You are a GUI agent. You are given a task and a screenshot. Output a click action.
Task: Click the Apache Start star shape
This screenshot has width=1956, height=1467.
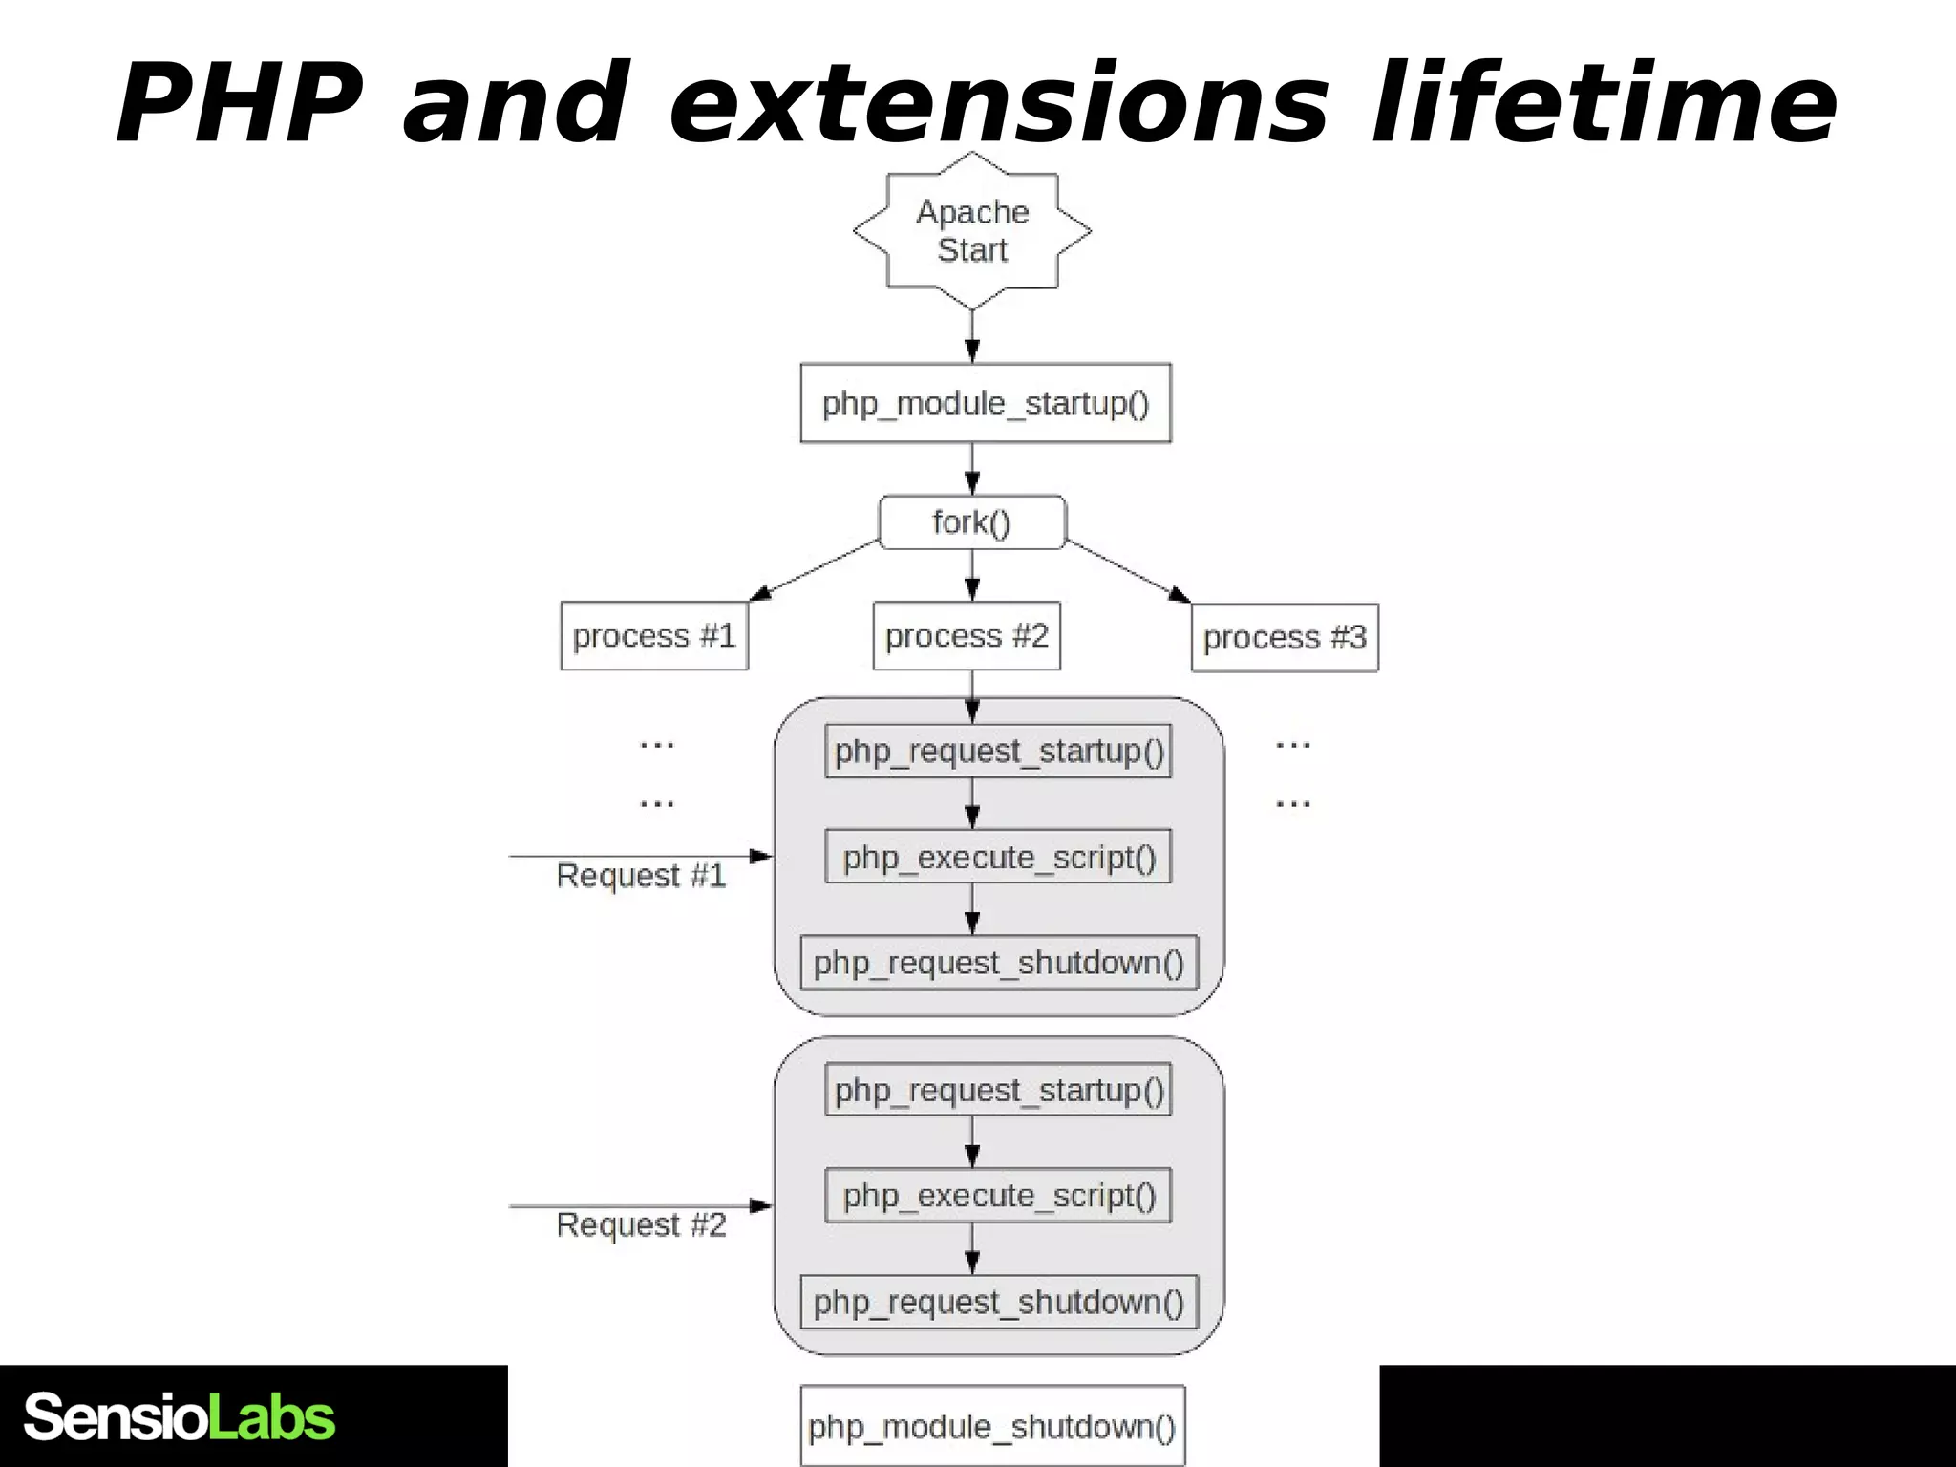[972, 230]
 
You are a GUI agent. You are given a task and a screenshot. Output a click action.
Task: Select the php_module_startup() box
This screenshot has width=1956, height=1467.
[986, 403]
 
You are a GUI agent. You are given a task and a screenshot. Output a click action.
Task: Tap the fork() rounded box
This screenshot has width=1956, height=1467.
[972, 522]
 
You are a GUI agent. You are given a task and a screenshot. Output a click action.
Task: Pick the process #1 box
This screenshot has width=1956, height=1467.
[654, 636]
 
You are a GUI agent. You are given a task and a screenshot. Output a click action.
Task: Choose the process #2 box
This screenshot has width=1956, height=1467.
[967, 636]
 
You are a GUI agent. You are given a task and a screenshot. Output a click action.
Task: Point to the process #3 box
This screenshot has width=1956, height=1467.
[1285, 638]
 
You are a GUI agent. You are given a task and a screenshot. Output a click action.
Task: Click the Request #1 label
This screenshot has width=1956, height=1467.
[641, 876]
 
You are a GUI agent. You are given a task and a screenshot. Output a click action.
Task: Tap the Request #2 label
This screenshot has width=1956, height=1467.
[641, 1225]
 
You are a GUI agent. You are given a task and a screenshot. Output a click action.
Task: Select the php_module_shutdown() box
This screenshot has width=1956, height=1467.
[992, 1426]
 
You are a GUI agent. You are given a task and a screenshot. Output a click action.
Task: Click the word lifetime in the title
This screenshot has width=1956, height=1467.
[1605, 103]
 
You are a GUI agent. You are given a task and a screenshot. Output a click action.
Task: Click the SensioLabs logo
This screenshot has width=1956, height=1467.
[180, 1417]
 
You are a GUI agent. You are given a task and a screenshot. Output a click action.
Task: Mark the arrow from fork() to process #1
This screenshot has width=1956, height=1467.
[815, 570]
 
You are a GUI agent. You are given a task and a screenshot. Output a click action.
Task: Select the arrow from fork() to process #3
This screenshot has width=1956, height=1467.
[1128, 571]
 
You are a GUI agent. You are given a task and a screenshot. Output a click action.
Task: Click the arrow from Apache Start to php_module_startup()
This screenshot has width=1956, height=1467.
[972, 337]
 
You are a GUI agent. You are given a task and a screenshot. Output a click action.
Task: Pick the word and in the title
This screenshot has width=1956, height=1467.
[517, 103]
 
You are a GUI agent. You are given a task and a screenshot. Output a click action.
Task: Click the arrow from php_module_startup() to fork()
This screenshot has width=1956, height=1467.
[972, 469]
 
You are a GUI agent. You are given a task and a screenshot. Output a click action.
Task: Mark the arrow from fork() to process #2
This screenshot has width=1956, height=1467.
[972, 575]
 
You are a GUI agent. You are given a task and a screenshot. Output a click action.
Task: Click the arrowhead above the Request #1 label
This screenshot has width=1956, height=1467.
[759, 856]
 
